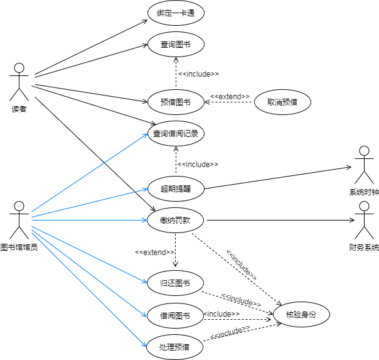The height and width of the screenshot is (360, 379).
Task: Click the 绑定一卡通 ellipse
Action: [176, 13]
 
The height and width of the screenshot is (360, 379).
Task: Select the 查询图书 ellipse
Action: [176, 45]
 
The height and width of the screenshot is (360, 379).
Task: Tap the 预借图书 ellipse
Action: [176, 102]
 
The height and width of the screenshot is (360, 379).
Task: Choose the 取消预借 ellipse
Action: [283, 102]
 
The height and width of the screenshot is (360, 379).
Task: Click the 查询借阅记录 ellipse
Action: [176, 133]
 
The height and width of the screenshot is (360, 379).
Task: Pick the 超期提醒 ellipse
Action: [176, 188]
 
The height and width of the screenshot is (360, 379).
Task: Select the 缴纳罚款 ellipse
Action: [176, 220]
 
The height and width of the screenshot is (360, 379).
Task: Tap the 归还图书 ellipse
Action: [176, 283]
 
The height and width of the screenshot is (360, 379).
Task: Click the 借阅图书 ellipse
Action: [176, 315]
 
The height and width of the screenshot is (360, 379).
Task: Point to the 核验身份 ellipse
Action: [301, 315]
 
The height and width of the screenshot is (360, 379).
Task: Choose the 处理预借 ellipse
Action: [176, 347]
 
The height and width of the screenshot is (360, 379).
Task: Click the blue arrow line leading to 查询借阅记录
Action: [88, 173]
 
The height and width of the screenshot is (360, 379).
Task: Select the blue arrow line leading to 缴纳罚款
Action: [88, 219]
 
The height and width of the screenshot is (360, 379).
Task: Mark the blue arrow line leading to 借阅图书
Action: [88, 268]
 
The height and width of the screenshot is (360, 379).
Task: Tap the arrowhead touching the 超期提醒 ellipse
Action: [145, 190]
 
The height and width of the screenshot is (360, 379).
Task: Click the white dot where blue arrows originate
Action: [19, 206]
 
